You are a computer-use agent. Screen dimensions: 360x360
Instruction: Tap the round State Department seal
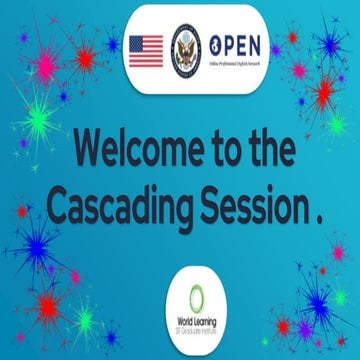pyautogui.click(x=186, y=46)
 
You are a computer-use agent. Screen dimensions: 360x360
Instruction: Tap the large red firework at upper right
pyautogui.click(x=322, y=92)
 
